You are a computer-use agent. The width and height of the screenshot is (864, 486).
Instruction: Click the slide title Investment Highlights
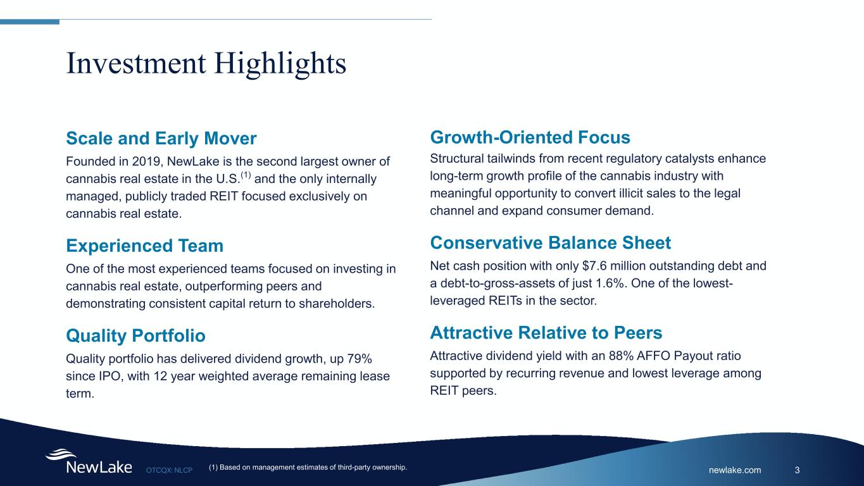[206, 64]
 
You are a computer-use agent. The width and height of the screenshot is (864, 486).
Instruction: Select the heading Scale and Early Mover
[161, 139]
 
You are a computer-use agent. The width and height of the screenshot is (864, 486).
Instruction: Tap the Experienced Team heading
[145, 246]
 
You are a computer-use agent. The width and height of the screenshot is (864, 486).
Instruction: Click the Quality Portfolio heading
[135, 335]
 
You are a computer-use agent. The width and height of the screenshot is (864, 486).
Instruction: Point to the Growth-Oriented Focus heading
[530, 137]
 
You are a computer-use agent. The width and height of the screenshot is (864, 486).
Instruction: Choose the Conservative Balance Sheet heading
[551, 243]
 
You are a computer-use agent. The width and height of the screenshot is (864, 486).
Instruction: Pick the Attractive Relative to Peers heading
[546, 333]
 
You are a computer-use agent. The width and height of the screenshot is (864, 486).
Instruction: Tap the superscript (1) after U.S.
[246, 175]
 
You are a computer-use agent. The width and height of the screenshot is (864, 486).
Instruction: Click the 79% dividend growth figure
[359, 359]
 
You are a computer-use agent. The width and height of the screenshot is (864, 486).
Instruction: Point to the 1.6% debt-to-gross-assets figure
[610, 283]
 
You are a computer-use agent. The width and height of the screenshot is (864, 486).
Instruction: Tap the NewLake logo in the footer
[89, 461]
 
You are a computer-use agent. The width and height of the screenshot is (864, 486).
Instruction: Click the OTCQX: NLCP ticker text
[169, 470]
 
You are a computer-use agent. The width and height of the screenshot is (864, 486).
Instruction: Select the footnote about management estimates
[308, 468]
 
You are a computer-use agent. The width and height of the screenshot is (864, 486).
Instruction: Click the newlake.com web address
[735, 470]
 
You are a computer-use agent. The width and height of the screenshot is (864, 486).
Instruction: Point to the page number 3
[797, 470]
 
